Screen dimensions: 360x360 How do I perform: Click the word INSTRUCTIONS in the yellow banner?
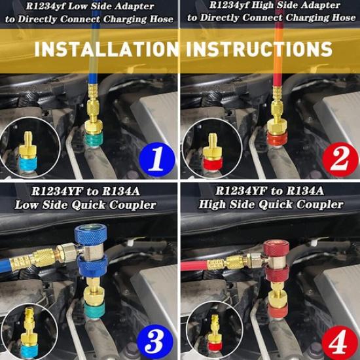pos(259,50)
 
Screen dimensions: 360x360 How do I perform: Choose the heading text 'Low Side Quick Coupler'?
pos(86,205)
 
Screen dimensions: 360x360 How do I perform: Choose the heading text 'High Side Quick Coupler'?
pos(270,205)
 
